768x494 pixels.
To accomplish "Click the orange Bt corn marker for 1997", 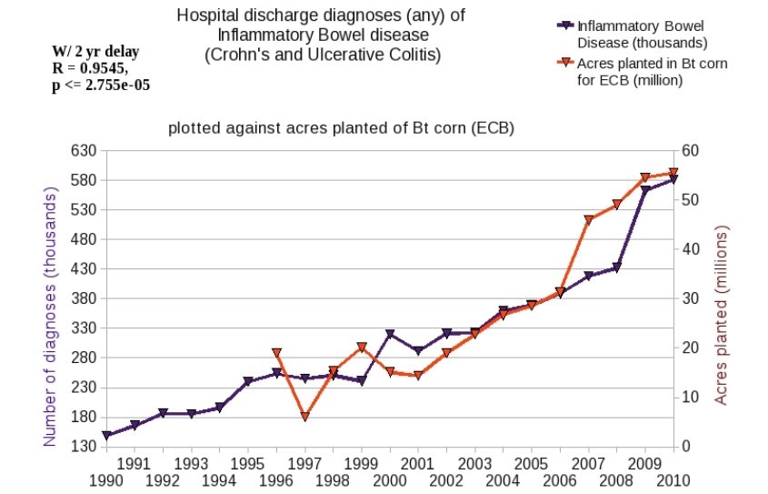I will pos(305,417).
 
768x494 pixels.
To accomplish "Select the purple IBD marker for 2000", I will pos(390,335).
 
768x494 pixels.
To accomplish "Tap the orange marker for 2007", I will pos(589,220).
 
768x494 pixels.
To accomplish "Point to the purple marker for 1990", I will pos(106,436).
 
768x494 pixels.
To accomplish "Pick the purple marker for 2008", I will pos(617,267).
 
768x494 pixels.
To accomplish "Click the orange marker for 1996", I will pos(277,353).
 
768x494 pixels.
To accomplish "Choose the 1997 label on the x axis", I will pos(305,461).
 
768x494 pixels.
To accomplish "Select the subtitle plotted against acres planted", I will pos(341,128).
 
